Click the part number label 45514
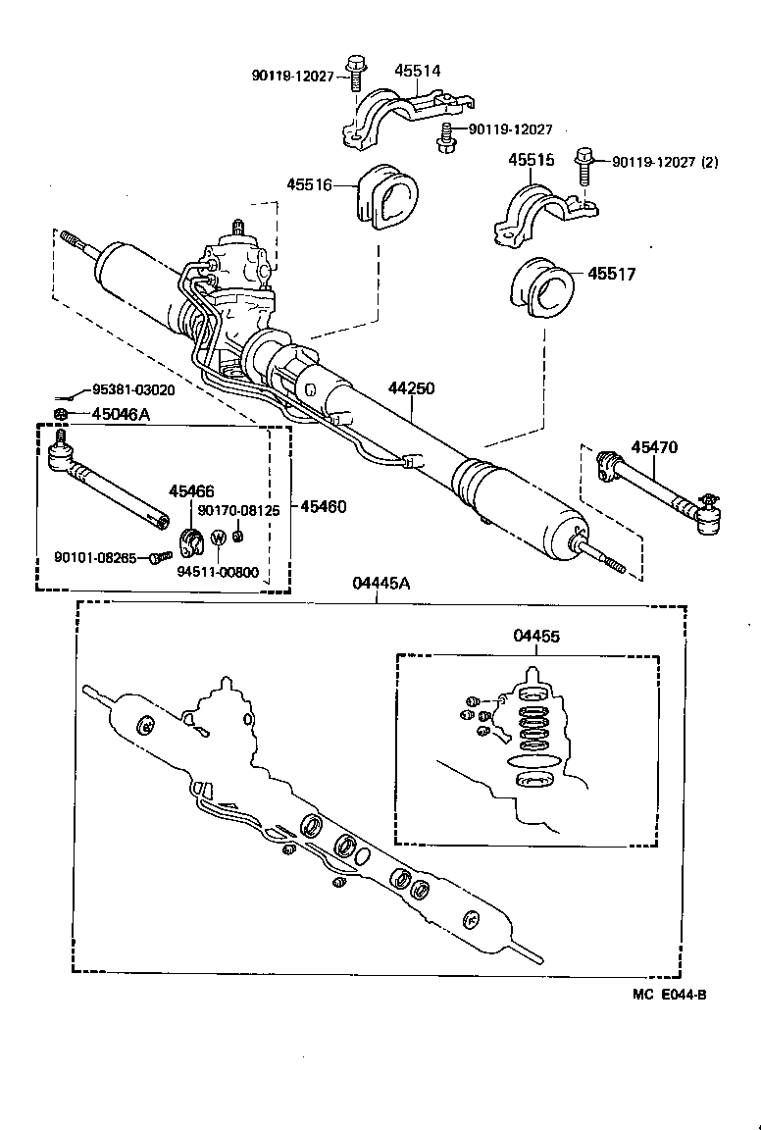pos(418,71)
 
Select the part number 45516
pos(309,183)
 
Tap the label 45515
pos(531,160)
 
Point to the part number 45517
pos(612,275)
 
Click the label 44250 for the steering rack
pos(411,388)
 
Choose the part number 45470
pos(653,447)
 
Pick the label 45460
pos(323,507)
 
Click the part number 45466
pos(191,490)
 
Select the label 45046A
pos(115,414)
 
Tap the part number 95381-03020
pos(133,389)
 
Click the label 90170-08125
pos(238,510)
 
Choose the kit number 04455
pos(536,636)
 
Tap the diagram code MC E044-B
pos(669,994)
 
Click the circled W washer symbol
pos(219,538)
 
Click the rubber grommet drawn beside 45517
pos(540,287)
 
